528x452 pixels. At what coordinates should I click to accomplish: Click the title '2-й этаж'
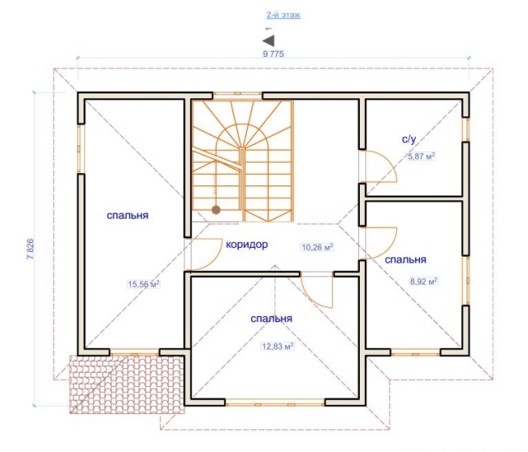pos(283,15)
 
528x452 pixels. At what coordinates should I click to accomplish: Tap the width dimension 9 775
pos(273,54)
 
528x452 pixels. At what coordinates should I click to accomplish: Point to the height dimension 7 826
pos(30,249)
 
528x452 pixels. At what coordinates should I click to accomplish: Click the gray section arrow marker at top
pos(269,41)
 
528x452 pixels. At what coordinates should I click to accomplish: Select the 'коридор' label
pos(247,245)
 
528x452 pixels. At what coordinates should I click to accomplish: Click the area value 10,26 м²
pos(317,247)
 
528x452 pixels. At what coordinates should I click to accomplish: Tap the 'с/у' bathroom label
pos(409,138)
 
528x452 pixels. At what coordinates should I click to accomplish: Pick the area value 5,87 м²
pos(422,156)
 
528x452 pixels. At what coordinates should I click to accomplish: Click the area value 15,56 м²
pos(144,285)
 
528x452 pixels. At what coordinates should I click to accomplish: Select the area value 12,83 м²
pos(278,346)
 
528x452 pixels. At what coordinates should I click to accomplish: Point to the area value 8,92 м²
pos(423,281)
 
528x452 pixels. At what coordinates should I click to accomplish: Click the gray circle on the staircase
pos(216,210)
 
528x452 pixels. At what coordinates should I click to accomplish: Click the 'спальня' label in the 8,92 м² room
pos(405,259)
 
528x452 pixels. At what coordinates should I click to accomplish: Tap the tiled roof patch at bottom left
pos(127,385)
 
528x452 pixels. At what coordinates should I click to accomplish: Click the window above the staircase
pos(237,95)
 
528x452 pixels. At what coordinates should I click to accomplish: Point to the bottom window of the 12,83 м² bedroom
pos(275,402)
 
